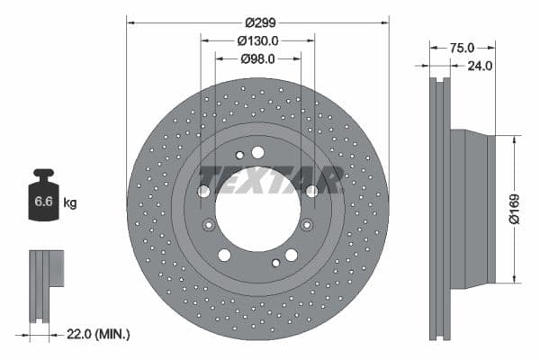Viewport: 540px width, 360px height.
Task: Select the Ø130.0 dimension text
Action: [257, 40]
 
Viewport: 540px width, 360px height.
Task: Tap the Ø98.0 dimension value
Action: [257, 58]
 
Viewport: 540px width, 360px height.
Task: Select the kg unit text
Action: [70, 203]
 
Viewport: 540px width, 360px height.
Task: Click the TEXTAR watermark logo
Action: [270, 180]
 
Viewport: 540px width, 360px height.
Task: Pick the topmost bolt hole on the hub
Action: [257, 152]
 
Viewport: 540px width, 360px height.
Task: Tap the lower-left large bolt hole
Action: [224, 256]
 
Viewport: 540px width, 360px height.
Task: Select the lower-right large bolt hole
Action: [291, 256]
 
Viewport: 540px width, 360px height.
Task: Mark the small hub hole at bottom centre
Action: [275, 263]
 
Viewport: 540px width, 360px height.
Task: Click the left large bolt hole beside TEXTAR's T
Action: [203, 191]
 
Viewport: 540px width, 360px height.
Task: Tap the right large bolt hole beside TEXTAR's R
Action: [311, 191]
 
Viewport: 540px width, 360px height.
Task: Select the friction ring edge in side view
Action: [438, 209]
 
